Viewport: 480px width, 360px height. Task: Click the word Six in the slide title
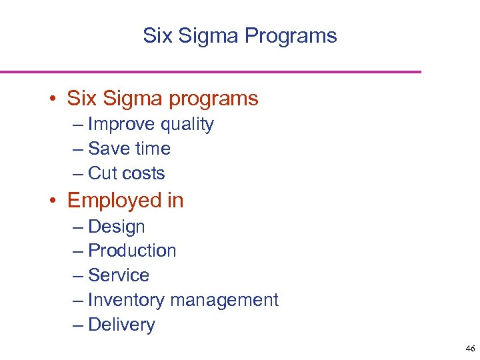[x=157, y=35]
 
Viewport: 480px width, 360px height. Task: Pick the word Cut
[x=103, y=173]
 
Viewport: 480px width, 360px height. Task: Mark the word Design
[x=116, y=227]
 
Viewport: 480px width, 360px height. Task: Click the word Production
[x=132, y=251]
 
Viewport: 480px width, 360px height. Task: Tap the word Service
[x=119, y=275]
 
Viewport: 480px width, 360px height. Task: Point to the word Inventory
[x=126, y=300]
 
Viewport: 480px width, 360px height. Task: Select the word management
[x=224, y=300]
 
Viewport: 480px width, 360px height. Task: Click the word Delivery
[x=121, y=325]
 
